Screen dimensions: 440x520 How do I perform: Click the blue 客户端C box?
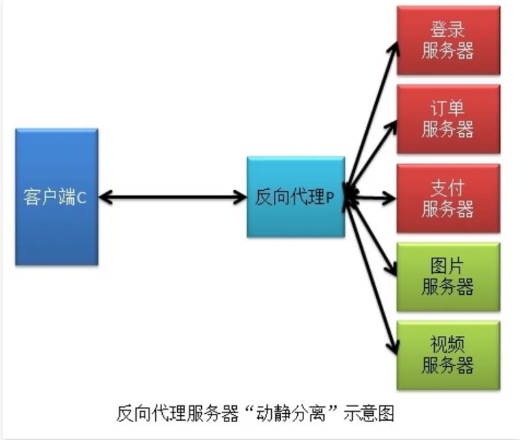57,197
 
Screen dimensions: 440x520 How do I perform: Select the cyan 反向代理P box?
295,197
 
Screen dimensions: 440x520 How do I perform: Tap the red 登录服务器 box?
448,40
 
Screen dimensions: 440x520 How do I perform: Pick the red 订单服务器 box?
448,119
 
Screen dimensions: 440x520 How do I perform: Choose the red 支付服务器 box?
448,198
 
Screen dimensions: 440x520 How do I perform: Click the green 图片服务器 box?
448,277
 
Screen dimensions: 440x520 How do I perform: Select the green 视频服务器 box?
448,355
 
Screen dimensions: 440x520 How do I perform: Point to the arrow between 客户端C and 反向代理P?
173,197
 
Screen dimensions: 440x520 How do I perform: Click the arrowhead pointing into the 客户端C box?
106,197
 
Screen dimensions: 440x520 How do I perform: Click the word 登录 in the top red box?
448,30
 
